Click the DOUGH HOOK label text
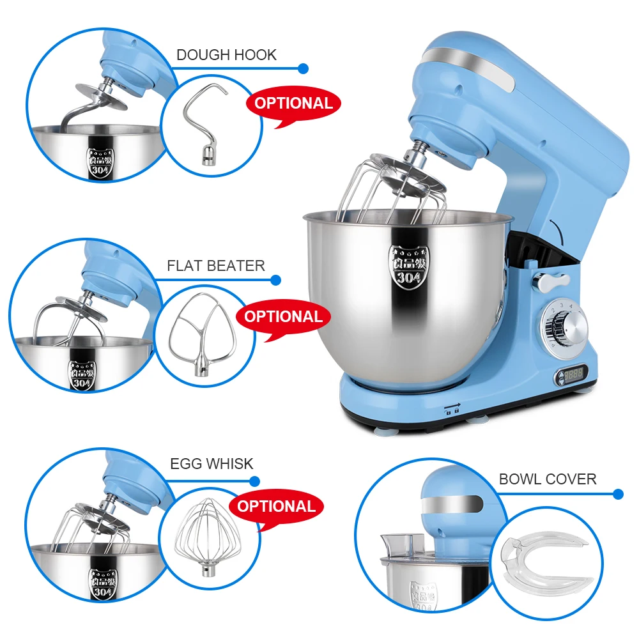226,55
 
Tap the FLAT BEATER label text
216,266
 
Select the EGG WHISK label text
212,464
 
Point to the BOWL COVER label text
548,479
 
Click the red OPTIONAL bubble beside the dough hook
293,104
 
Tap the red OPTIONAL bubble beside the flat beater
283,317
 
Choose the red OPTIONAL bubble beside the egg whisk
277,507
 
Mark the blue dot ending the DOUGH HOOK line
304,68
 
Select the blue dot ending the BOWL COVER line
617,493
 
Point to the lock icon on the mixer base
453,409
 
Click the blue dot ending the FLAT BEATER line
276,280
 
